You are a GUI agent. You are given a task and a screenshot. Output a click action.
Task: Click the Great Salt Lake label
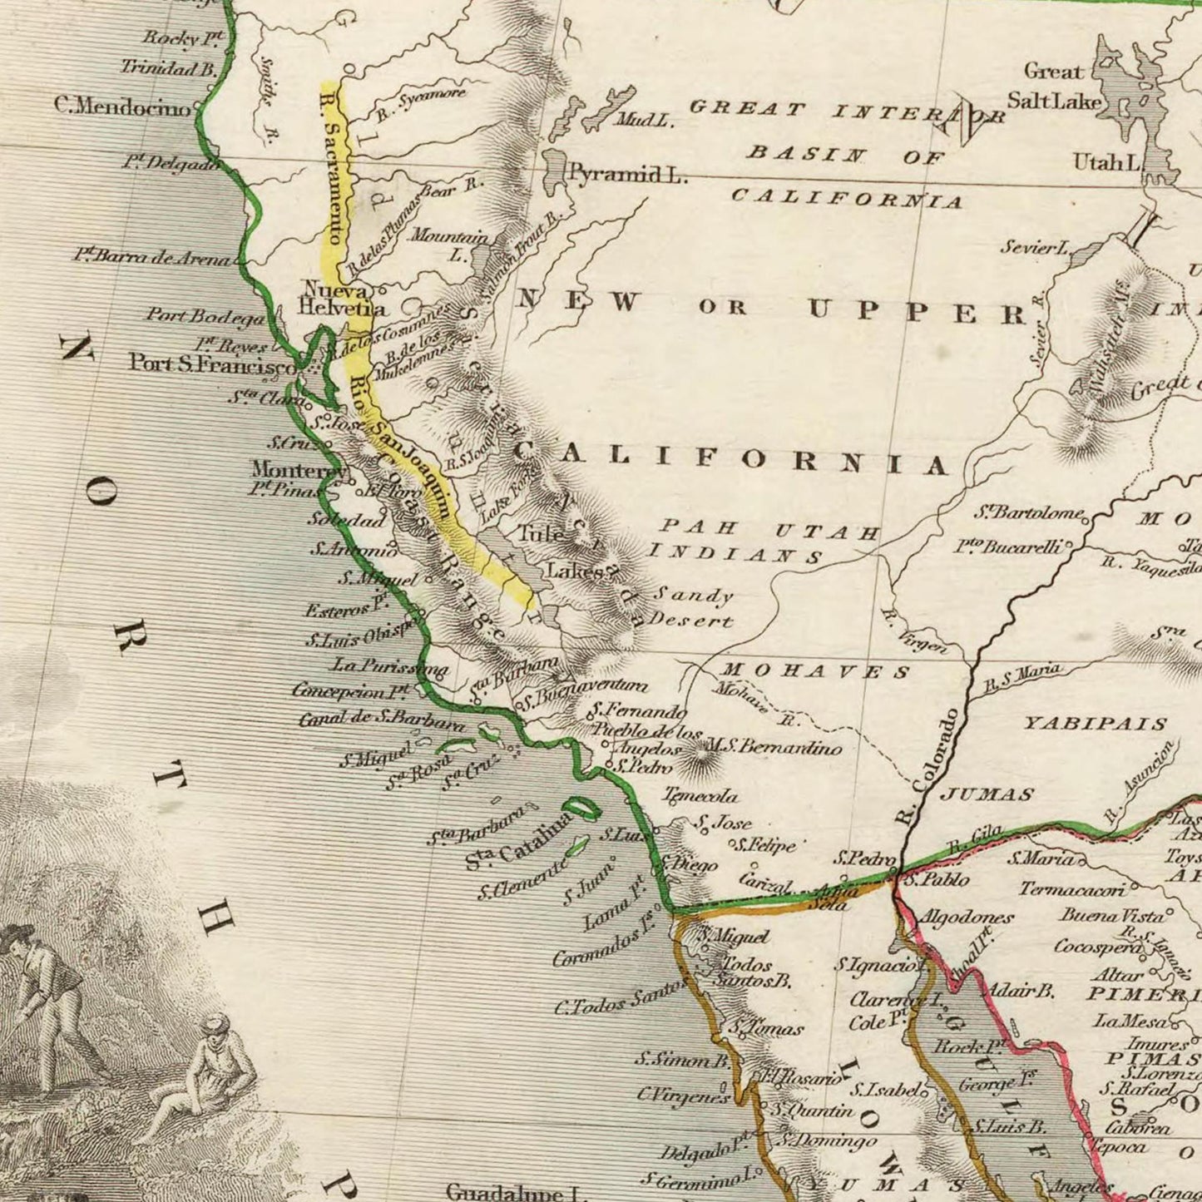click(x=1054, y=86)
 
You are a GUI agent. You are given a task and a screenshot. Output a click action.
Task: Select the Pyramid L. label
click(x=626, y=175)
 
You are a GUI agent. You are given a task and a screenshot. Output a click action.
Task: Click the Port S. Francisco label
click(x=211, y=364)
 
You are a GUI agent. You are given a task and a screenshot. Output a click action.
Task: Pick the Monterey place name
click(x=299, y=469)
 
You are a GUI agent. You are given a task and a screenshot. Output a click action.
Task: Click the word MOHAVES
click(x=815, y=670)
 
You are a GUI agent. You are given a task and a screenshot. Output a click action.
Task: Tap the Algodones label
click(x=966, y=918)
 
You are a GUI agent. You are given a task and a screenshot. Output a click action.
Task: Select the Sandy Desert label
click(x=692, y=607)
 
